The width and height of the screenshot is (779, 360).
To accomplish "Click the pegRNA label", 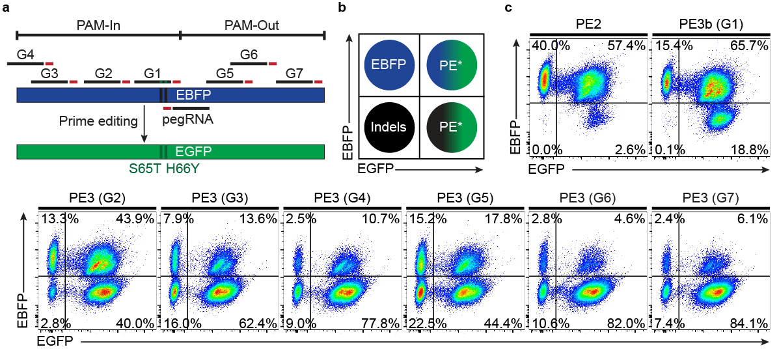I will coord(189,120).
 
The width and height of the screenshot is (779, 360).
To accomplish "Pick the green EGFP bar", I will coord(170,152).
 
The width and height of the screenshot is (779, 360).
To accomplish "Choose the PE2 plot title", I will coord(588,23).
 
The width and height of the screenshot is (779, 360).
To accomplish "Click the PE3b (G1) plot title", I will coord(711,23).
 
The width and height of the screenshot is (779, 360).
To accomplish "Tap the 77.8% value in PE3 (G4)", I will coord(379,324).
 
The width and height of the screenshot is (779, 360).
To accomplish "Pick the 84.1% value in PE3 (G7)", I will coord(748,324).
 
